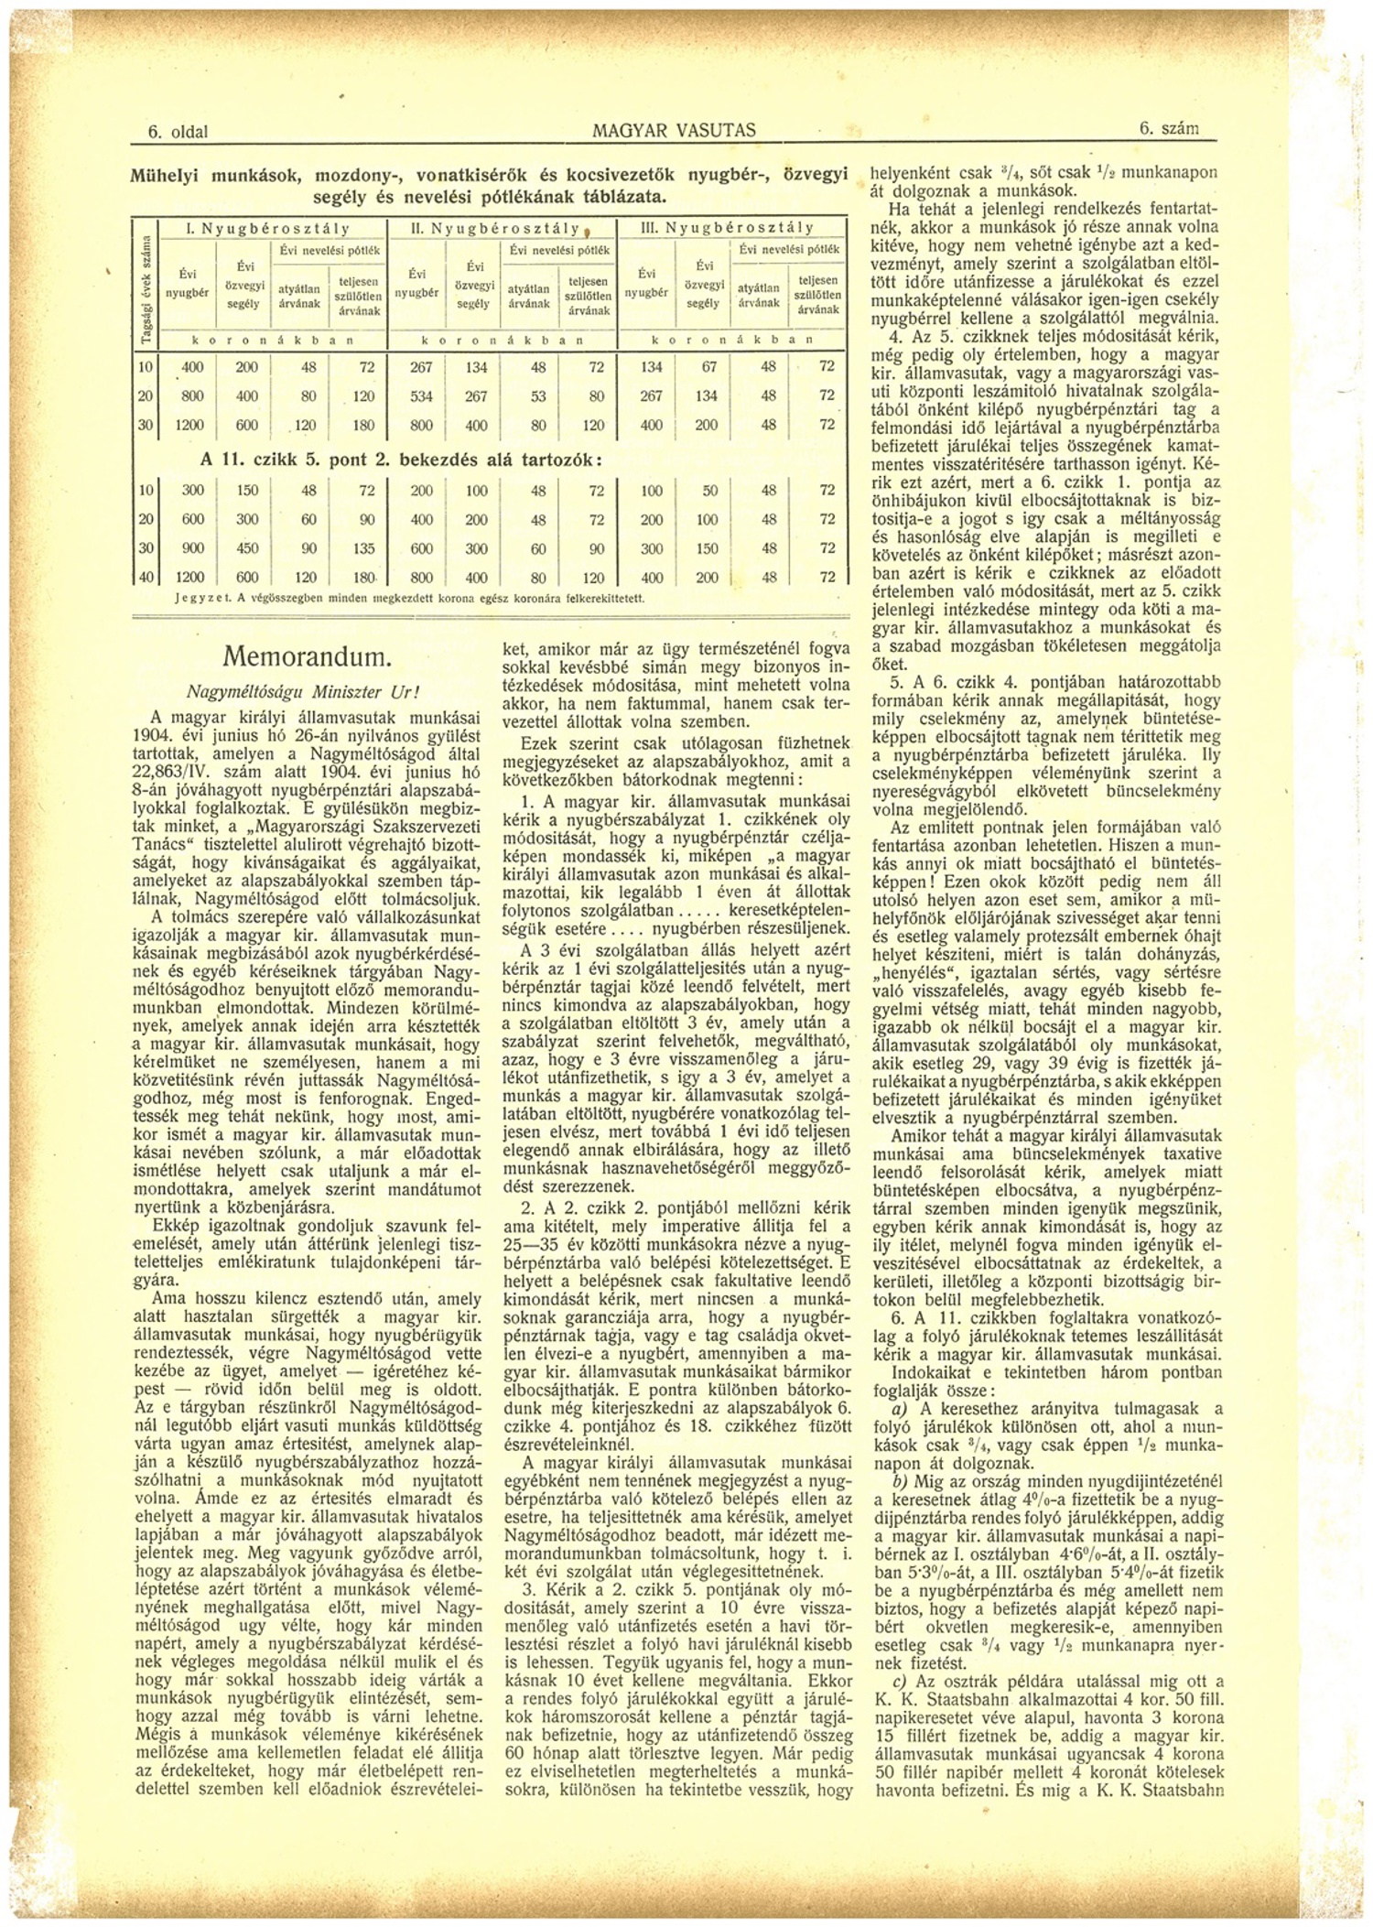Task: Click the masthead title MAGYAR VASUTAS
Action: coord(674,131)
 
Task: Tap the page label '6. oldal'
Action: coord(178,132)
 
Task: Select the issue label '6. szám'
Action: coord(1168,130)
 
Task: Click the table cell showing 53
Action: coord(538,395)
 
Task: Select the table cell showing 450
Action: coord(247,548)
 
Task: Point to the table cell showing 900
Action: coord(192,548)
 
